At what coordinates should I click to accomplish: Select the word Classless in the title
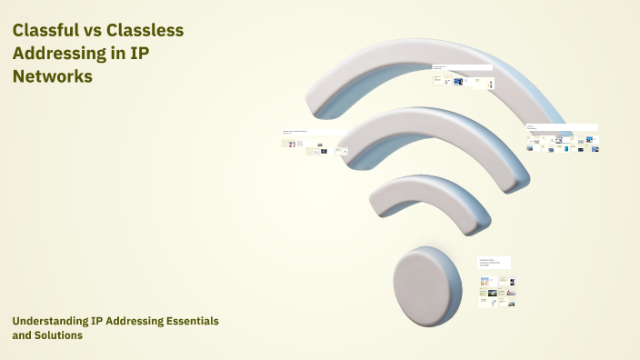153,30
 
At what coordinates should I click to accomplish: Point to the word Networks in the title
53,77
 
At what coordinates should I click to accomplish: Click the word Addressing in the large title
59,54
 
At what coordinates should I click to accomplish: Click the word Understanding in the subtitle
50,322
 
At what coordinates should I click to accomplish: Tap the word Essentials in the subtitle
187,322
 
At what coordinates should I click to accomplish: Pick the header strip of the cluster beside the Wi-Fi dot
495,261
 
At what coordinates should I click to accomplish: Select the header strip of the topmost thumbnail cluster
463,67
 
